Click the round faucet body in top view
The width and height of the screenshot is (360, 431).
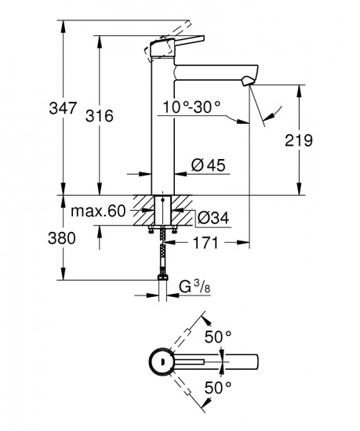click(161, 361)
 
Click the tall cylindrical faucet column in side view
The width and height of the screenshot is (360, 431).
click(162, 133)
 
